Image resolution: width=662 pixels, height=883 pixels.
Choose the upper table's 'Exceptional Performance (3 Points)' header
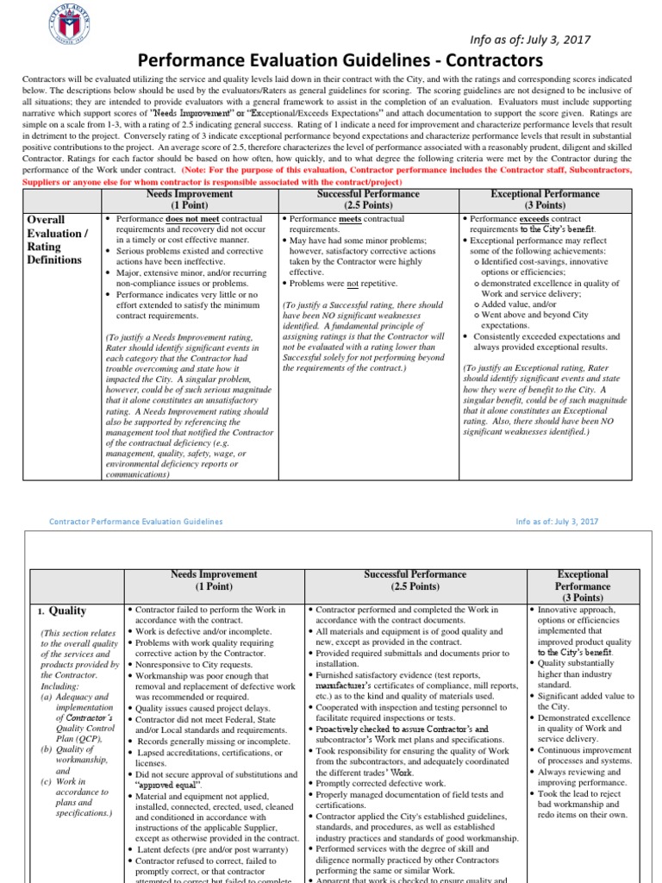pos(545,199)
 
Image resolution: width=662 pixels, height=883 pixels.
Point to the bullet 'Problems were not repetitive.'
pos(331,283)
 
